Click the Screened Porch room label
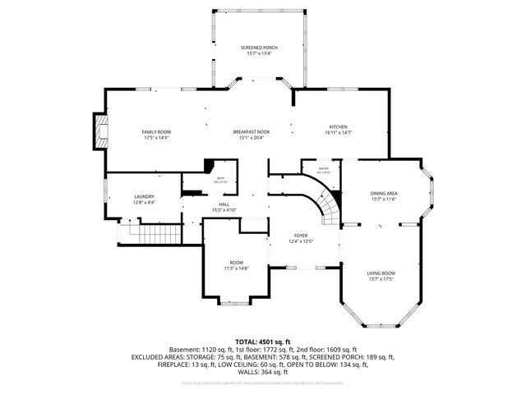[x=259, y=48]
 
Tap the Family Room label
[x=156, y=132]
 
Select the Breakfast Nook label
[x=251, y=132]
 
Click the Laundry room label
[x=145, y=196]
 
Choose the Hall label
[x=224, y=204]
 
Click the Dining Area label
[x=384, y=193]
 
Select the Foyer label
[x=301, y=236]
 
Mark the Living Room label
[x=381, y=273]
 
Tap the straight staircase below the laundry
[x=148, y=234]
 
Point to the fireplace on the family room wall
[x=99, y=132]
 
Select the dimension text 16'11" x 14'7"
[x=339, y=132]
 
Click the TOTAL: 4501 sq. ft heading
[x=263, y=341]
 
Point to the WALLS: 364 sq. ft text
[x=263, y=372]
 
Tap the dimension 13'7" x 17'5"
[x=381, y=279]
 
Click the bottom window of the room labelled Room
[x=236, y=304]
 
